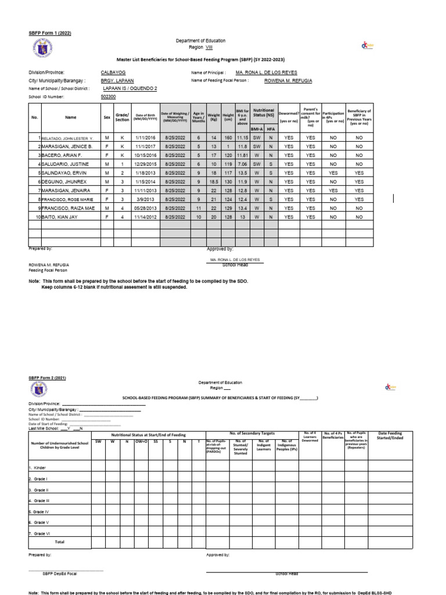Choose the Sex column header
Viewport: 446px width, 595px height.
[106, 117]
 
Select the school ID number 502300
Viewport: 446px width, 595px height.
[109, 97]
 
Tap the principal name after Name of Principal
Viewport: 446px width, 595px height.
[266, 73]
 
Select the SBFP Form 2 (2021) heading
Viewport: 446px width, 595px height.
[48, 378]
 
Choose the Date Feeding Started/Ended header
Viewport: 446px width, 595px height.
[394, 436]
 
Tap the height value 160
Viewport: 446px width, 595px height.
[228, 139]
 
